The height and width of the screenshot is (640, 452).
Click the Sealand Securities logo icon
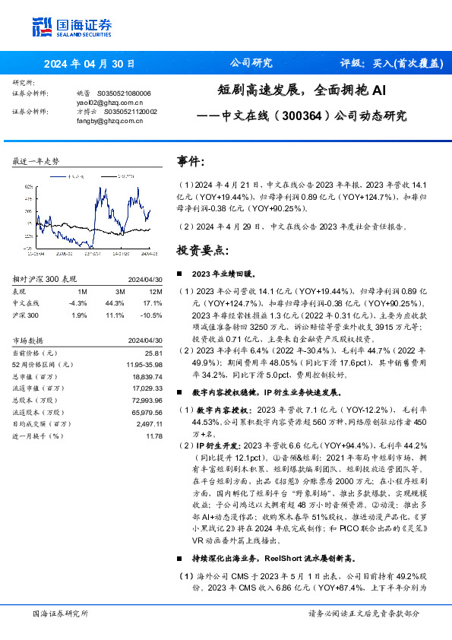point(41,26)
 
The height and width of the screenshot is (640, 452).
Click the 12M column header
point(155,290)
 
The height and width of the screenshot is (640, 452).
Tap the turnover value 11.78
point(154,436)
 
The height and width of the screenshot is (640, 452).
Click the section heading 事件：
point(191,161)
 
